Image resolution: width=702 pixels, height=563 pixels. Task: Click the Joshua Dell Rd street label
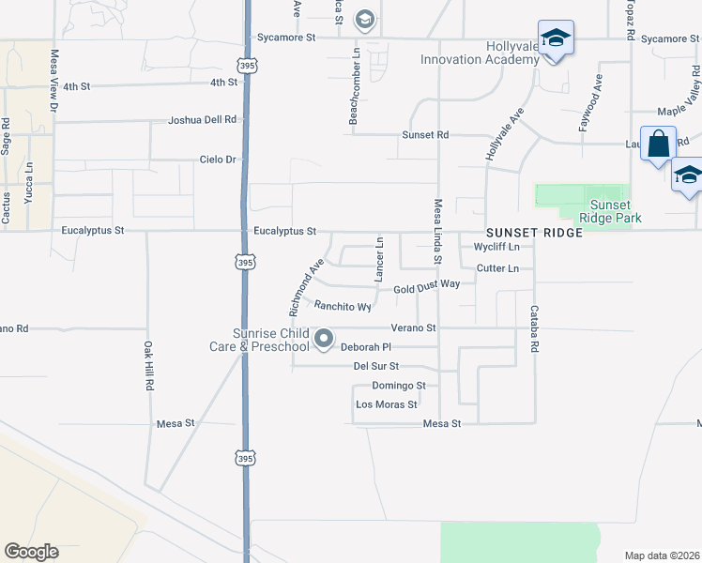click(x=203, y=120)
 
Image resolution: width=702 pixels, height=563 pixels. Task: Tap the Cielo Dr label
click(x=218, y=160)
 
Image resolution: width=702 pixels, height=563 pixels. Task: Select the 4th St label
click(x=223, y=84)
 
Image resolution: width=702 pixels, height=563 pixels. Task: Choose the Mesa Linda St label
click(x=437, y=230)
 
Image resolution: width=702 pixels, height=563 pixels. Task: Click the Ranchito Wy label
click(x=343, y=306)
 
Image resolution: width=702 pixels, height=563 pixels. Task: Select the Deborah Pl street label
click(x=365, y=347)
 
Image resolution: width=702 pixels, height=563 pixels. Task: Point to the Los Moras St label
click(x=386, y=405)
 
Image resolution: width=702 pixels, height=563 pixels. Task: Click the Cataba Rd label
click(x=534, y=327)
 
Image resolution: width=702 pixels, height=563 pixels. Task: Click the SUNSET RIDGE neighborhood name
click(x=534, y=232)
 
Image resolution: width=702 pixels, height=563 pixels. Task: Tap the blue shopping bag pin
click(x=658, y=145)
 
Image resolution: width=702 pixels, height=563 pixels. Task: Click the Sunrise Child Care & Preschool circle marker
click(x=324, y=339)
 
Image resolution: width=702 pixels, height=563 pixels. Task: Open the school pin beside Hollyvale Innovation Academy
click(x=556, y=39)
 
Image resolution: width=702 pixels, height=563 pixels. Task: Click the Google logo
click(x=31, y=552)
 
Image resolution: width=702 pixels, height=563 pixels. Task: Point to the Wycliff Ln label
click(x=497, y=248)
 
